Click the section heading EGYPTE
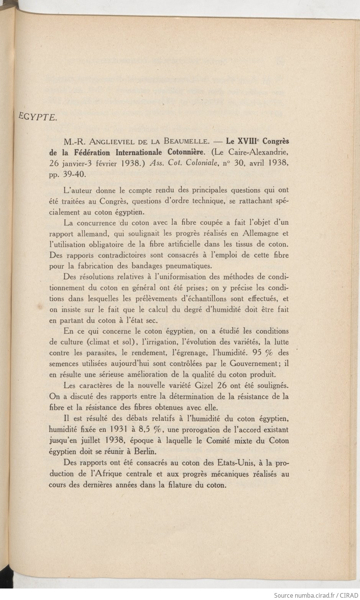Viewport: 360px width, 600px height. pos(38,117)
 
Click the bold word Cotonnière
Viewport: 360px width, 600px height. pos(182,152)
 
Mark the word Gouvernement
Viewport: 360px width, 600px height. pos(252,364)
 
